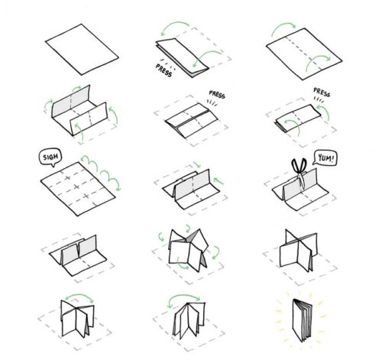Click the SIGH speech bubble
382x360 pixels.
50,157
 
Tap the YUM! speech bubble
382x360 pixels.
325,158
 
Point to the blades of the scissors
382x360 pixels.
302,180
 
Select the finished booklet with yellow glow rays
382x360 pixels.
303,320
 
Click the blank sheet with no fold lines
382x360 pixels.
82,50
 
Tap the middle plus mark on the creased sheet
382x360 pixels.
76,187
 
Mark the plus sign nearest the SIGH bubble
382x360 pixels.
67,178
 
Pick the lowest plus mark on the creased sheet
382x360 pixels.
86,196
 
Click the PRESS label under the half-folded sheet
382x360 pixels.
163,70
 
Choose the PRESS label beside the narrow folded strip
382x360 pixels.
322,92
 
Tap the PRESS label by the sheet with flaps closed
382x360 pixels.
217,95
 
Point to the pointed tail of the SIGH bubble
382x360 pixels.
53,165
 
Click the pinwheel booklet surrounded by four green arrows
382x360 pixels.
188,251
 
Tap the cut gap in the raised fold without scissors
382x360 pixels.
78,248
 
